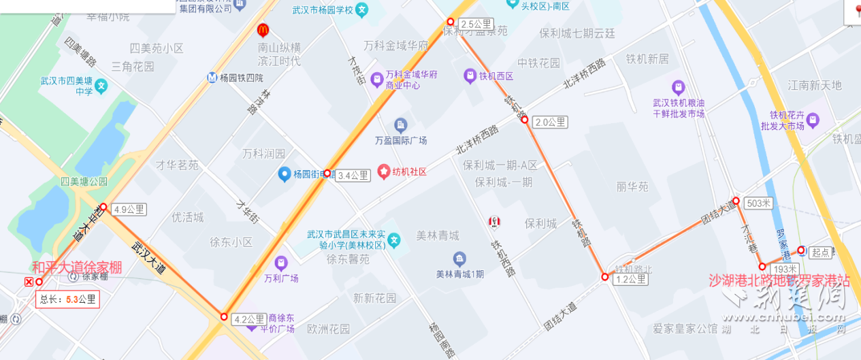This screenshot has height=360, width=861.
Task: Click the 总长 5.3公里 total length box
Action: coord(68,299)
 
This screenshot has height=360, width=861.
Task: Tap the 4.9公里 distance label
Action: coord(129,210)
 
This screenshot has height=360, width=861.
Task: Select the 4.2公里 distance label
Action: coord(249,319)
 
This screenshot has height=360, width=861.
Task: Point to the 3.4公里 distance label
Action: coord(353,176)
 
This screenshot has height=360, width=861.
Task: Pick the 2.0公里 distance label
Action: coord(550,122)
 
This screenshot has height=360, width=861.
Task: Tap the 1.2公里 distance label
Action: coord(630,279)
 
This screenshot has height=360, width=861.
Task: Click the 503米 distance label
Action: coord(758,203)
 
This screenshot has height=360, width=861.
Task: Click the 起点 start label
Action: coord(822,252)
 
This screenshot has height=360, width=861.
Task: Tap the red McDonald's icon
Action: coord(263,30)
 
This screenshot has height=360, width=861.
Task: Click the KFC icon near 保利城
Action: coord(494,221)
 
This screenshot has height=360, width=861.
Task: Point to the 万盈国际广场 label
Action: coord(401,140)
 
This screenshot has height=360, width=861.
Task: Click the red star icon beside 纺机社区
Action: coord(383,171)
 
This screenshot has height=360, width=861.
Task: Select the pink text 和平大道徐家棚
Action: coord(77,267)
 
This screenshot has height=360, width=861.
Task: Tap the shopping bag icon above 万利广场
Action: coord(281,263)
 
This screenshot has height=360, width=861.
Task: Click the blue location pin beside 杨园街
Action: coord(285,174)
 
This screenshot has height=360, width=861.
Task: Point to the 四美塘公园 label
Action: coord(84,182)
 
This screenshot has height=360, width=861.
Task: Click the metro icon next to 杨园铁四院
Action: coord(212,78)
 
